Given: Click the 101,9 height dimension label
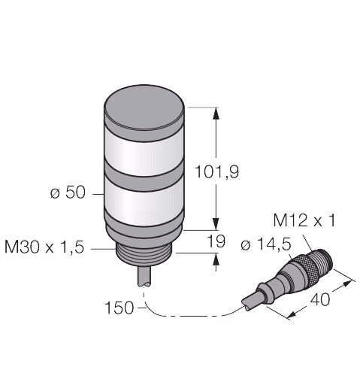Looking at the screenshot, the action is click(216, 172).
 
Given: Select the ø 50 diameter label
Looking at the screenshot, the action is click(68, 192).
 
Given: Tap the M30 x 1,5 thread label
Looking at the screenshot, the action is click(44, 247).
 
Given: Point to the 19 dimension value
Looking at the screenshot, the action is click(216, 241).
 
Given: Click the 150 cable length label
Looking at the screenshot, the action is click(119, 308).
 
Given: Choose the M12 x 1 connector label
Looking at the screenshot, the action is click(304, 220).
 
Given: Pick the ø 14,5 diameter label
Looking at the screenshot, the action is click(266, 244).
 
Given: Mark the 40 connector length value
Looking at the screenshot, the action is click(320, 299).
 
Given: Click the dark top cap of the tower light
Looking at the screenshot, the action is click(144, 108).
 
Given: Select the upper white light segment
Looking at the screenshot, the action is click(144, 153).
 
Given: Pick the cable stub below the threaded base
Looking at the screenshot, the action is click(144, 276).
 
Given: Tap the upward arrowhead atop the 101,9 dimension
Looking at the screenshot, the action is click(216, 114).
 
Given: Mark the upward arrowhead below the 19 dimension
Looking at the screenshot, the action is click(216, 259).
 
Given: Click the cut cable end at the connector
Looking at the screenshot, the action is click(247, 304).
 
